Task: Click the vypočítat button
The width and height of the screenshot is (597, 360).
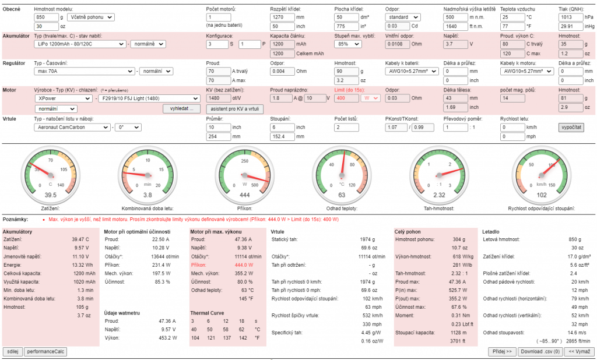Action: tap(571, 127)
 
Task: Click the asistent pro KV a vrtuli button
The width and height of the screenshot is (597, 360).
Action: tap(234, 109)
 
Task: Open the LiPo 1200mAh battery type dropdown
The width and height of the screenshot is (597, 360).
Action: tap(80, 44)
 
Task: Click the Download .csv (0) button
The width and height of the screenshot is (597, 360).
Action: tap(540, 352)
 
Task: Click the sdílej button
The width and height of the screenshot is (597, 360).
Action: tap(12, 352)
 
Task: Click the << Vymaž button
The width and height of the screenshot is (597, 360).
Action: tap(580, 352)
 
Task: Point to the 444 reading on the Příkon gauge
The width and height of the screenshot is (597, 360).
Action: tap(244, 195)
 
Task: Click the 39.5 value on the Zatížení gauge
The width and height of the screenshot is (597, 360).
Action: tap(51, 195)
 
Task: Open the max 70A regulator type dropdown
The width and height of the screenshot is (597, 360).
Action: tap(84, 71)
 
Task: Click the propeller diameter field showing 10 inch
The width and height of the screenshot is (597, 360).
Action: tap(218, 127)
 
